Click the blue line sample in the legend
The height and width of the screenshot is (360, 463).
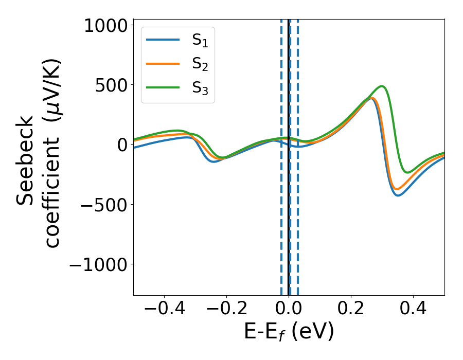[164, 39]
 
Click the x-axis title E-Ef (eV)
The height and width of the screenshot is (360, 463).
[289, 332]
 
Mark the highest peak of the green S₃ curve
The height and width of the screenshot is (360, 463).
[382, 86]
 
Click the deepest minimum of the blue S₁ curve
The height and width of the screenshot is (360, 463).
[398, 195]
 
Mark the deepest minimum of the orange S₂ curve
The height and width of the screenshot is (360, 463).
[396, 189]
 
